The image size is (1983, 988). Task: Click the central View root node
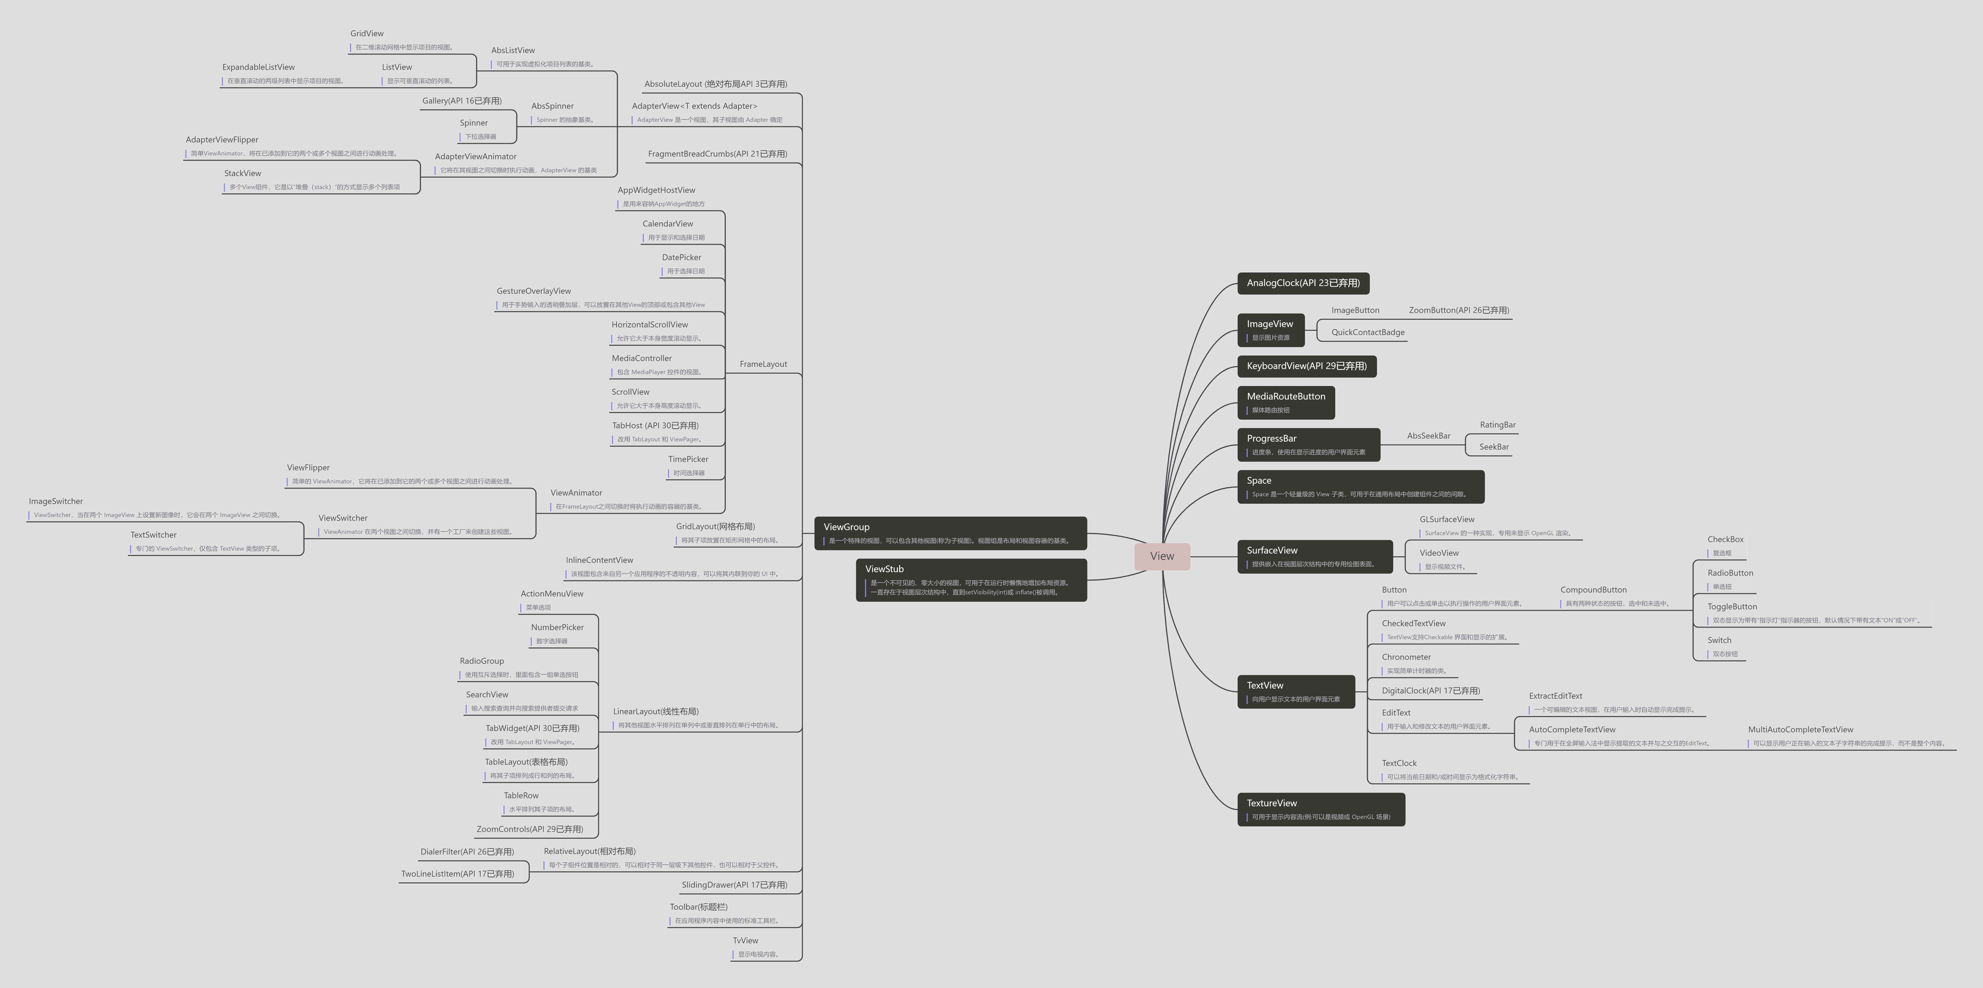click(x=1162, y=556)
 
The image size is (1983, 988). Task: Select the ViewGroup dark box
click(x=950, y=533)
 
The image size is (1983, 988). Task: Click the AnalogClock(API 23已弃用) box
click(x=1302, y=283)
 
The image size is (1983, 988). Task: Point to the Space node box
click(x=1359, y=487)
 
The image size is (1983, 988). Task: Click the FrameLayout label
click(x=763, y=364)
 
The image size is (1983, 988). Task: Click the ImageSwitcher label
click(x=55, y=501)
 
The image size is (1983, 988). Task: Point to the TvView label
click(x=745, y=940)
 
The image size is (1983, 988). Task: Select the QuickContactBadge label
click(x=1367, y=333)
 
